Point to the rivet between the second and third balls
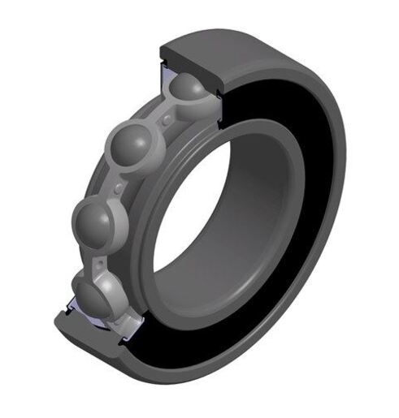click(119, 188)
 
